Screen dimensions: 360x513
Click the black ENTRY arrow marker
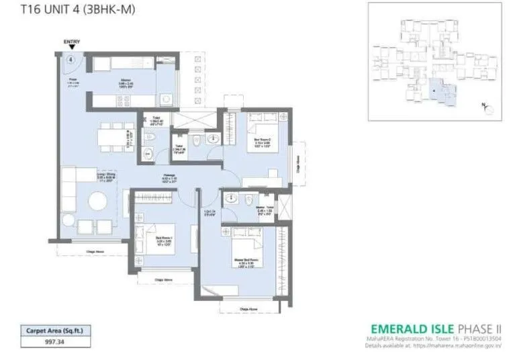[71, 48]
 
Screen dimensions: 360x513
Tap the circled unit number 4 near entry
[70, 59]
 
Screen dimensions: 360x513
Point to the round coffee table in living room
[98, 201]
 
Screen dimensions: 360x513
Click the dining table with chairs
[107, 138]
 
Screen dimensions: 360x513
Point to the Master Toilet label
[264, 210]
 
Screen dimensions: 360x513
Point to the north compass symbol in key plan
[488, 106]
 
